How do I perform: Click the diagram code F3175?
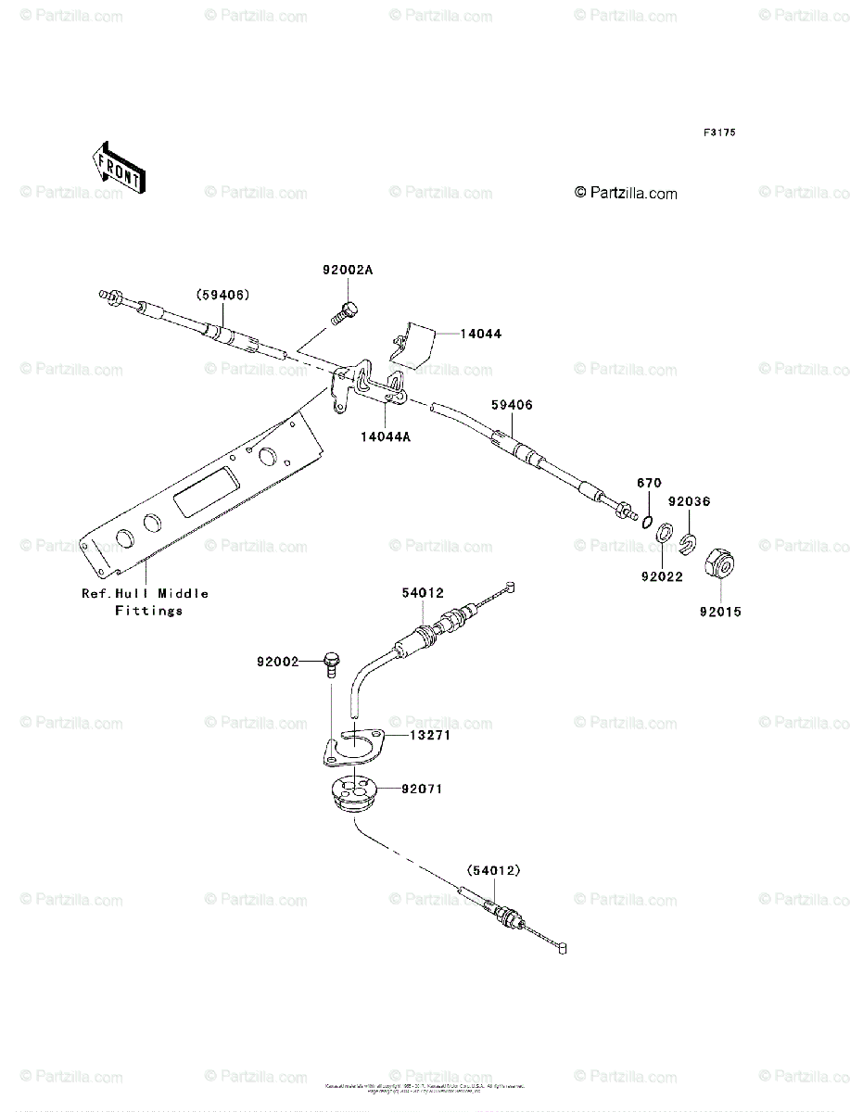[718, 133]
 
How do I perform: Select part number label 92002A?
[348, 271]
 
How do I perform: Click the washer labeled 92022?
[664, 536]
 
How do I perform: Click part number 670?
[648, 484]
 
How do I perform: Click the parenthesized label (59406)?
[222, 295]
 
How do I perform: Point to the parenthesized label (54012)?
[493, 870]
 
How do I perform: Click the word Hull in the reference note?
[133, 593]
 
